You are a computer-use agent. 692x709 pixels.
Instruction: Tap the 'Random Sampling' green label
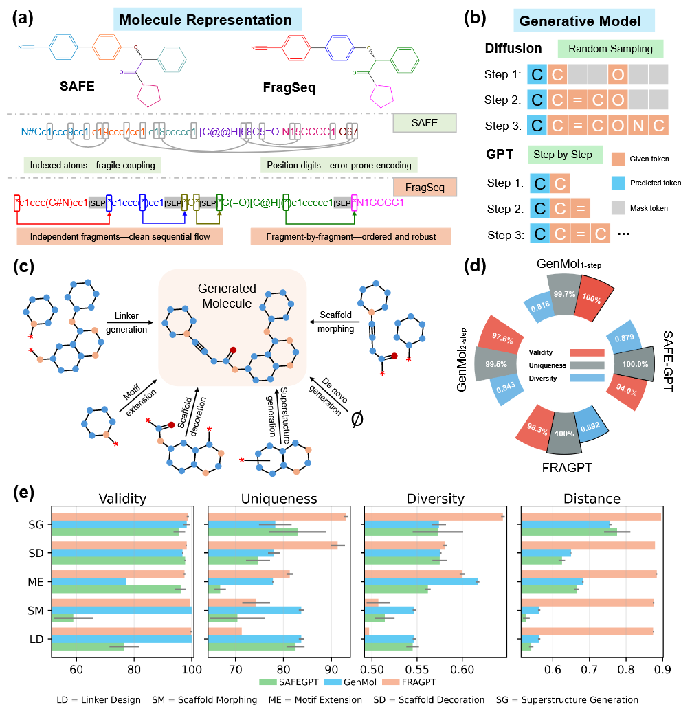(610, 49)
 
